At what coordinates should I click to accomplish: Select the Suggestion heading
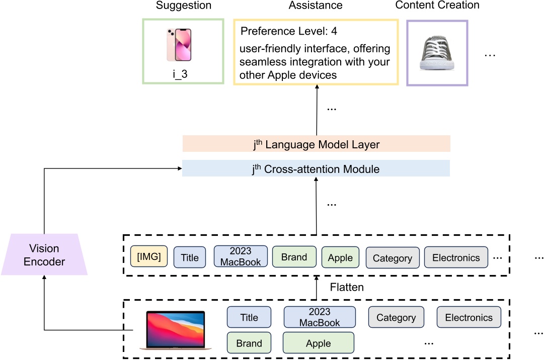183,6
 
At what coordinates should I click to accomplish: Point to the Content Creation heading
437,6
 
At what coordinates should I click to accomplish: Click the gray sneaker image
437,52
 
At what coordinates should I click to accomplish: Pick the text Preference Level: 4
289,32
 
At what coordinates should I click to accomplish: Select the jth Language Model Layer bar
316,144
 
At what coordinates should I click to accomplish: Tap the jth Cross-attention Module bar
316,169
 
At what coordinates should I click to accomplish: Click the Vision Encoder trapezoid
44,254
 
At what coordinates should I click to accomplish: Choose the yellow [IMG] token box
148,257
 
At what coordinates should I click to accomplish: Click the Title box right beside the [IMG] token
190,257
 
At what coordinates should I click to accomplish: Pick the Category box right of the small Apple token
392,258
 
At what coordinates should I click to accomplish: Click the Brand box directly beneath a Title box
249,343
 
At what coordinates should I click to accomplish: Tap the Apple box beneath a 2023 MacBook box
319,343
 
